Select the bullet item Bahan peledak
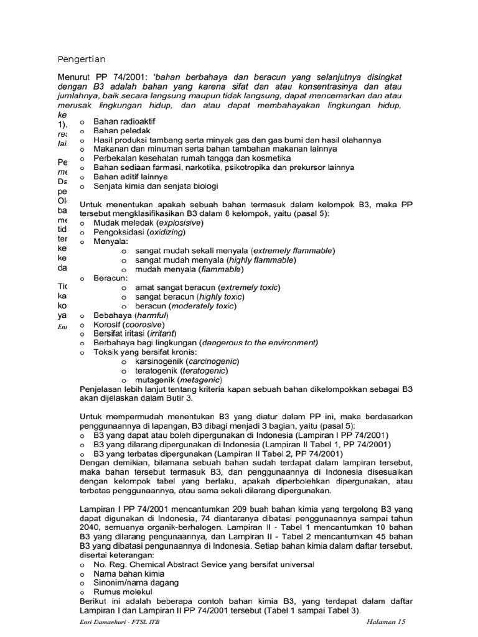click(118, 131)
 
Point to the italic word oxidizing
click(165, 232)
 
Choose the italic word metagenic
click(200, 379)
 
